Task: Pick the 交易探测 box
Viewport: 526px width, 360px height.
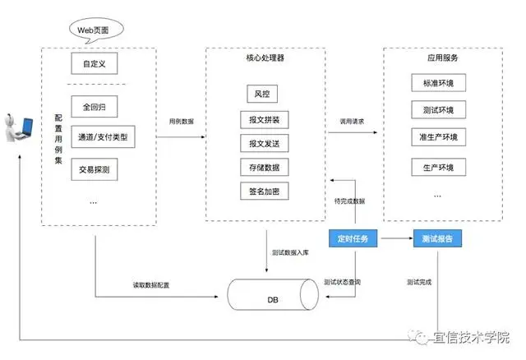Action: [95, 170]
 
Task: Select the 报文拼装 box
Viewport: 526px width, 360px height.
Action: [264, 120]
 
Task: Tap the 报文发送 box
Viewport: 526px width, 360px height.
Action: [264, 144]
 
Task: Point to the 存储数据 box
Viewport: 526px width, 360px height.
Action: [264, 168]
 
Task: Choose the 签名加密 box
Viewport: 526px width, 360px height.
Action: [264, 192]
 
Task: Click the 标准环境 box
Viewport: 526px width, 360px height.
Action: [437, 84]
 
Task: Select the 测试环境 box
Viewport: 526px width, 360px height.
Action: [437, 110]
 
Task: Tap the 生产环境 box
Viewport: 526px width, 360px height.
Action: [437, 168]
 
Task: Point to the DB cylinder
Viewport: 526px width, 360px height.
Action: [272, 295]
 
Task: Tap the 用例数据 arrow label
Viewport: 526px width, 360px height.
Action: [182, 120]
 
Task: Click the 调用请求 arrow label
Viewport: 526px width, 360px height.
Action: [352, 121]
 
